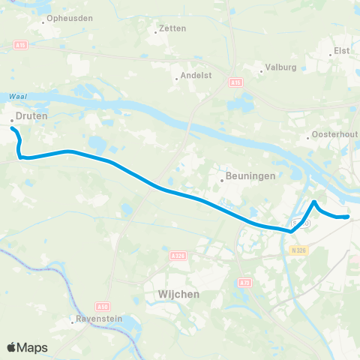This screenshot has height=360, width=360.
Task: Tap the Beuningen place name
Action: [244, 178]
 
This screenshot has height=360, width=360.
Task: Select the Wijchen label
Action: [180, 295]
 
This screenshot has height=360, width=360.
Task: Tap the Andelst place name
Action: [193, 76]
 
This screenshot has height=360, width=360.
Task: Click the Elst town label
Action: [342, 53]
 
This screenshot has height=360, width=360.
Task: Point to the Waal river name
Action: [18, 97]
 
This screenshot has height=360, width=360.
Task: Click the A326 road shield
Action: [179, 256]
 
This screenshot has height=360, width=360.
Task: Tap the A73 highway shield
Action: [245, 282]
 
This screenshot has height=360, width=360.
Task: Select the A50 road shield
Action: [103, 306]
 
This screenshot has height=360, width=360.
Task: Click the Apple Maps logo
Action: [27, 347]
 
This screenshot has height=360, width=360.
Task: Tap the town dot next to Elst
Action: [331, 54]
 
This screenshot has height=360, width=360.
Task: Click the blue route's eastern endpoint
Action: [348, 217]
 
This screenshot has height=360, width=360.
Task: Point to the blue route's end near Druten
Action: [12, 129]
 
